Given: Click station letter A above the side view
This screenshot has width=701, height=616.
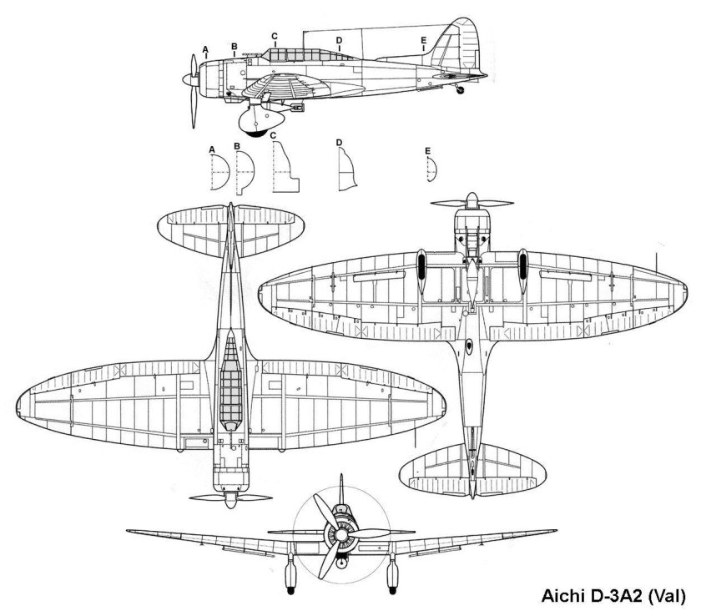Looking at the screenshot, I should pyautogui.click(x=206, y=50).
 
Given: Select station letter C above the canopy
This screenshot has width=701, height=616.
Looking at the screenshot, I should pyautogui.click(x=274, y=36).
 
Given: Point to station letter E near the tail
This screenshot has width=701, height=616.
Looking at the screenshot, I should pyautogui.click(x=424, y=40).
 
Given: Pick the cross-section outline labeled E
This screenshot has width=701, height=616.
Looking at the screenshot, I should pyautogui.click(x=431, y=170).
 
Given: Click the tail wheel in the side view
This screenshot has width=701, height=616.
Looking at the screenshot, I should pyautogui.click(x=457, y=89).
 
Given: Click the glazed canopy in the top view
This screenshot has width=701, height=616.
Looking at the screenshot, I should pyautogui.click(x=229, y=376).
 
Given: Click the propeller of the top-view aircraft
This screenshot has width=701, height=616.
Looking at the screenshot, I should pyautogui.click(x=229, y=497).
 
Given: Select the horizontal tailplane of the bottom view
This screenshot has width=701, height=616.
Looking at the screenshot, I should pyautogui.click(x=473, y=471).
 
